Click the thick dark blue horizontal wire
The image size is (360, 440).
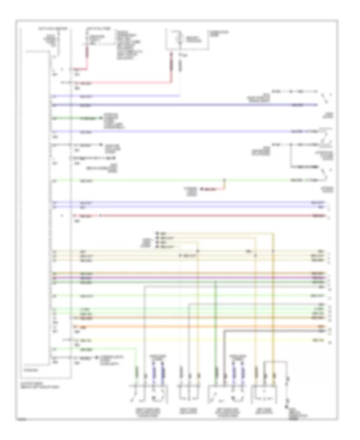click(x=192, y=105)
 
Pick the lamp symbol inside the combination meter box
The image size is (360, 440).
click(x=180, y=40)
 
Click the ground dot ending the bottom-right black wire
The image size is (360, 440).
click(x=287, y=406)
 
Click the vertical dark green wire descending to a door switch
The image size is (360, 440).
click(x=216, y=320)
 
